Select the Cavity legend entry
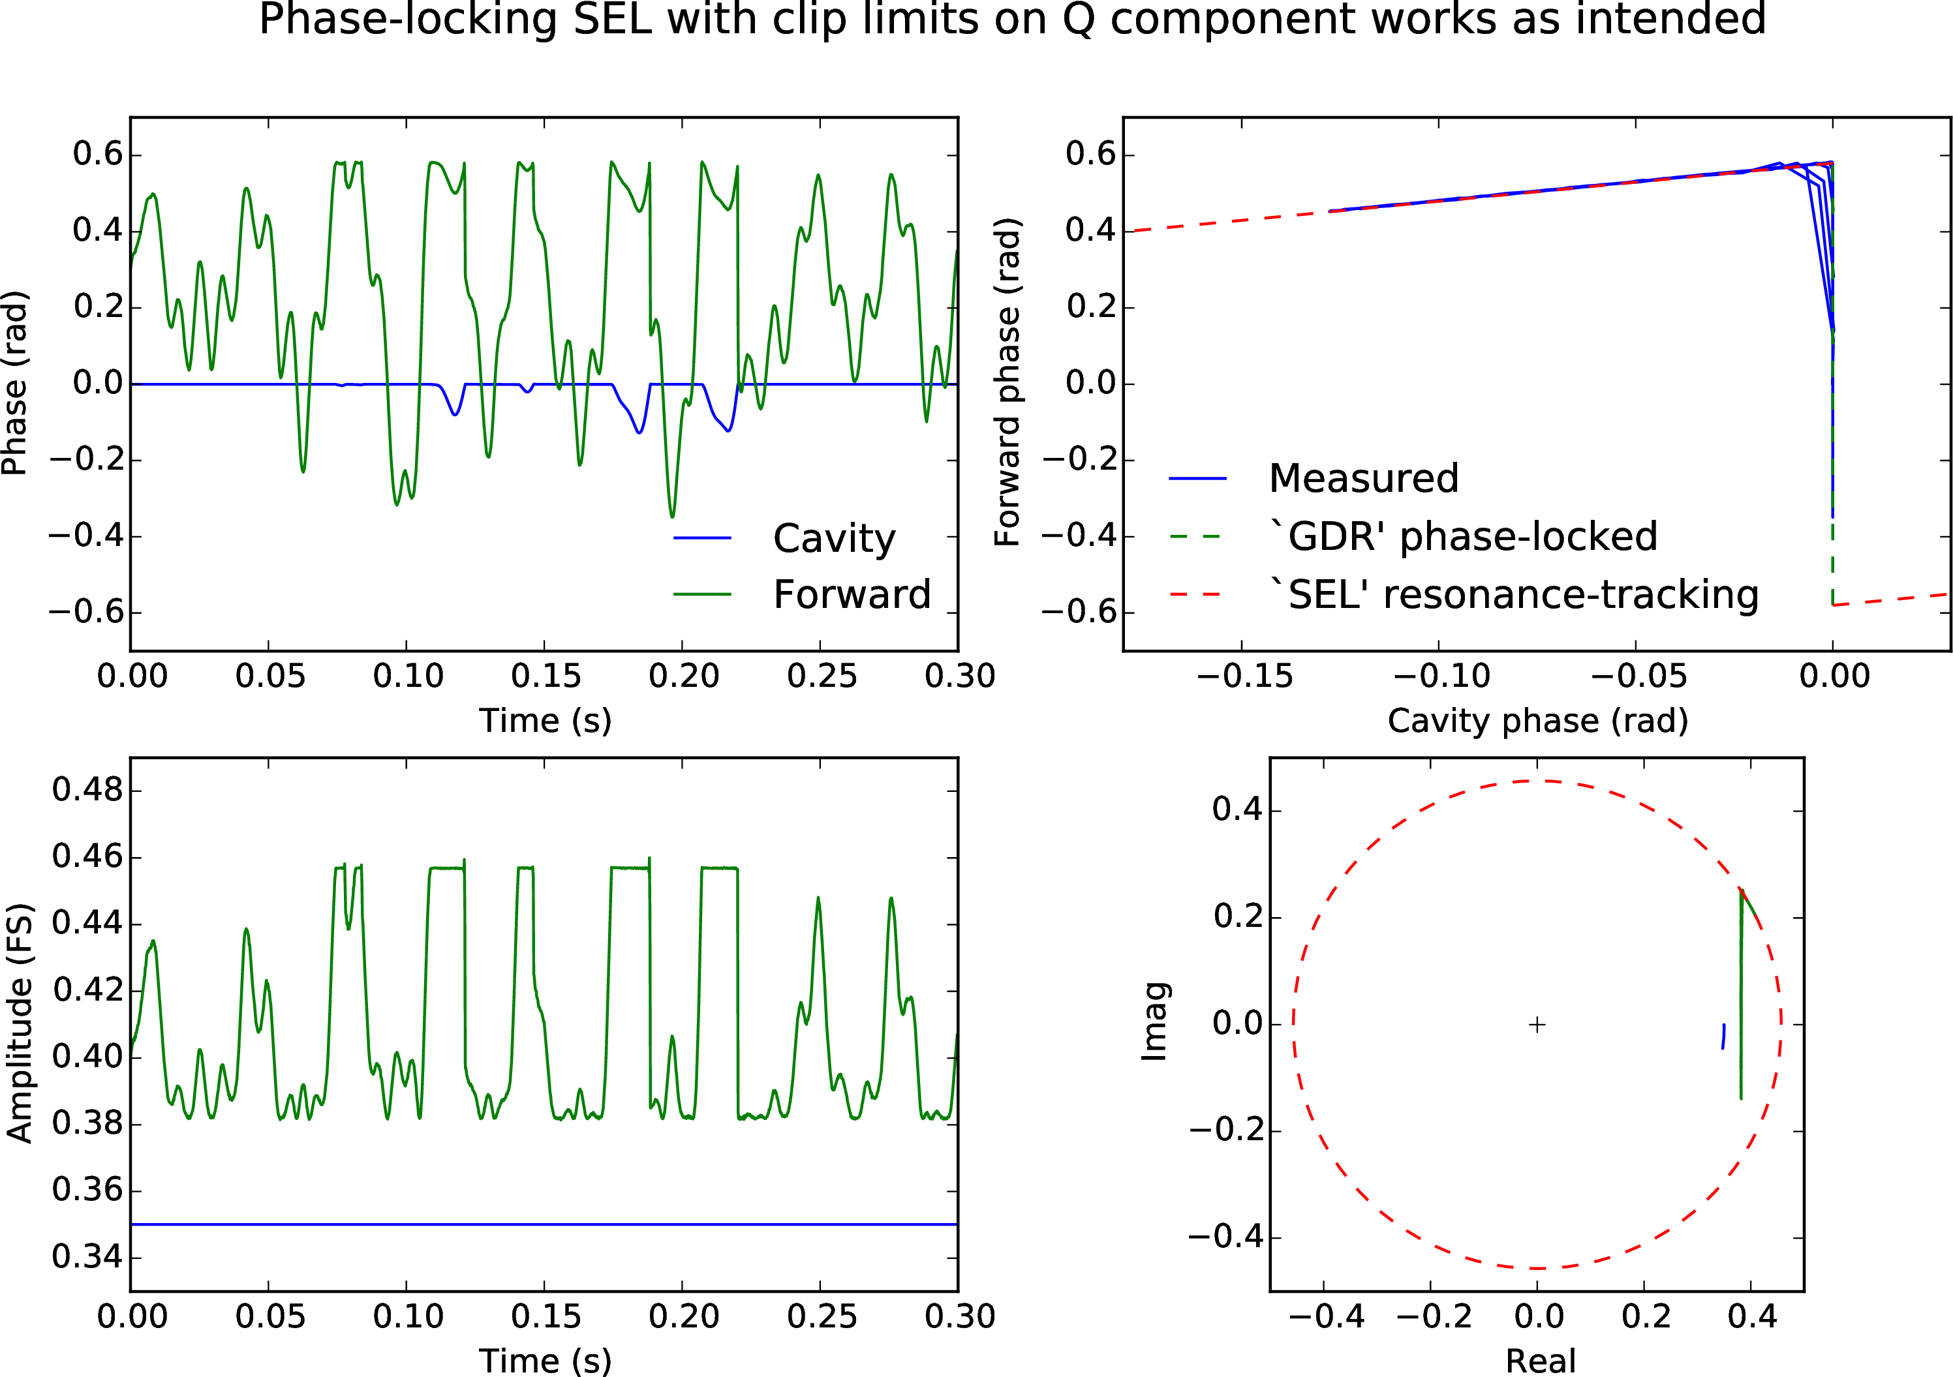(834, 538)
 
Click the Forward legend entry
(852, 594)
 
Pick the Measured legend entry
(1362, 479)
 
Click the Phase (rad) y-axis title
(15, 383)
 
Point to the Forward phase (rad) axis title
(1008, 383)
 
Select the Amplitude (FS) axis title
(19, 1023)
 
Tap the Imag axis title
(1154, 1023)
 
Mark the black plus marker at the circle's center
(1537, 1025)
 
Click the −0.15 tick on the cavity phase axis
(1244, 677)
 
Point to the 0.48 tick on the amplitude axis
(86, 790)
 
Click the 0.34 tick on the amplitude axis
(86, 1256)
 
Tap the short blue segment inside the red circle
(1723, 1036)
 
